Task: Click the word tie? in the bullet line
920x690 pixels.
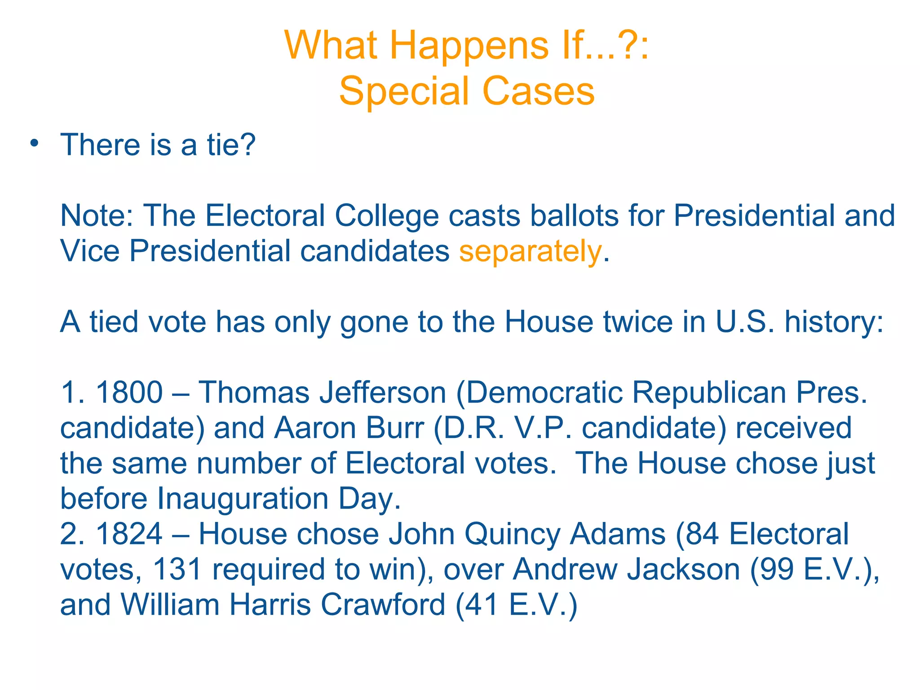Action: (x=231, y=145)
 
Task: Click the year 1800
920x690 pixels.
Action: (x=129, y=393)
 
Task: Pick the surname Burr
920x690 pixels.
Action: (x=395, y=428)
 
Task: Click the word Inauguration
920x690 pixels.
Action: (x=243, y=499)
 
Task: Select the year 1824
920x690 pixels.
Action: (x=129, y=534)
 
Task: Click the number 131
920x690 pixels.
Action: (x=177, y=569)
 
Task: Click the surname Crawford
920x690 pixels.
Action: (x=383, y=605)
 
